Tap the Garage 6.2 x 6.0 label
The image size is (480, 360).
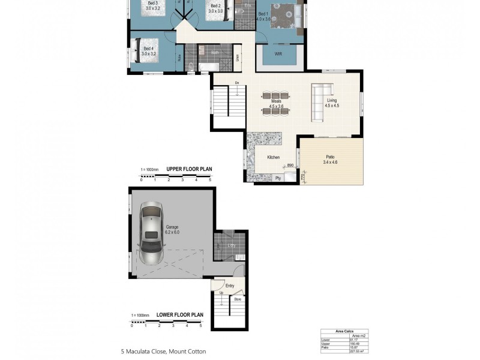(x=168, y=230)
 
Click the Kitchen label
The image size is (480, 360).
(x=273, y=157)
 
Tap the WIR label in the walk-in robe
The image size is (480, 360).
(x=278, y=54)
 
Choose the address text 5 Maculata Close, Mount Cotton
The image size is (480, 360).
(x=163, y=352)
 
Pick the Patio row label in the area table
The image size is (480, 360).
(x=326, y=347)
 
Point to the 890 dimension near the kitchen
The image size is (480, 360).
(x=290, y=165)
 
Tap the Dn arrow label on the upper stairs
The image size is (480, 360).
(x=238, y=82)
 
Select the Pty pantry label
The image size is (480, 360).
(x=278, y=178)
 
